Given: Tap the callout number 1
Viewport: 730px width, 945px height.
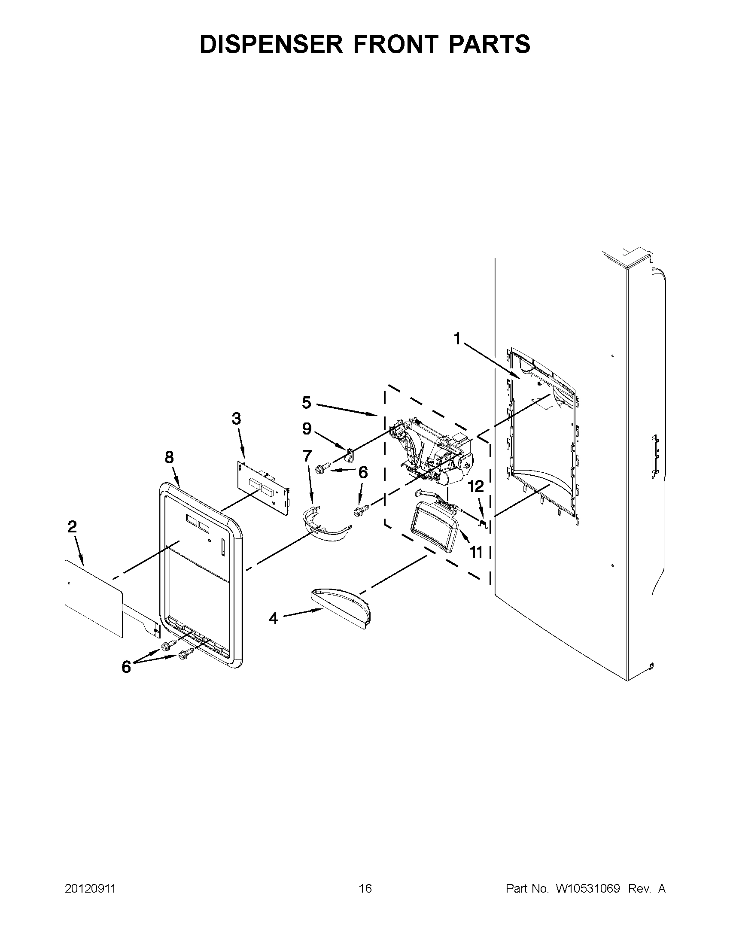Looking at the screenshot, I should pos(457,339).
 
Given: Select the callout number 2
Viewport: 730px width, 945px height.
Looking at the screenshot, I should pos(72,527).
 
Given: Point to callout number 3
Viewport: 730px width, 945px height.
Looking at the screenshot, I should pos(236,419).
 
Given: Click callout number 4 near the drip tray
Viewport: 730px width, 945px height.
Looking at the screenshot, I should pos(273,619).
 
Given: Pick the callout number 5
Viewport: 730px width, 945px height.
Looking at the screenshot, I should pos(306,403).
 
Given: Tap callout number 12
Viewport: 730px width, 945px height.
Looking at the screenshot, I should pos(475,487).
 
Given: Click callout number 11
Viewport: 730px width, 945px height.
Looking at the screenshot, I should pos(476,552).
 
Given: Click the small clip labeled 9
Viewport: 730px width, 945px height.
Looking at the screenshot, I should pos(350,455).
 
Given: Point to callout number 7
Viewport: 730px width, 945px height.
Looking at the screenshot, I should pos(307,456).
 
